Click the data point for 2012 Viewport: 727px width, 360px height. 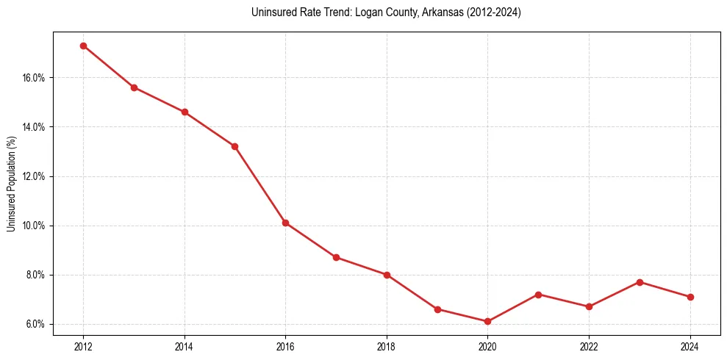83,46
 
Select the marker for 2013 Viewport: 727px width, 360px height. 134,87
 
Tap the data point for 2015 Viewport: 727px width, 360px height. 234,146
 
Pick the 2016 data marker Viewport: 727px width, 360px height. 285,223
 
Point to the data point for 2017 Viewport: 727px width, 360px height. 336,257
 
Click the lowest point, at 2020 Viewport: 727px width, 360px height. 487,321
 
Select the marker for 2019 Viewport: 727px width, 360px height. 437,309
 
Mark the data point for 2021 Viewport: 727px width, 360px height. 538,295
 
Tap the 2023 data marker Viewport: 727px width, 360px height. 640,282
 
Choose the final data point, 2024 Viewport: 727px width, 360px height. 690,297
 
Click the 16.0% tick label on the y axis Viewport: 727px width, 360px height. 33,78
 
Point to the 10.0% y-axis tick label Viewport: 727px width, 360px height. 33,226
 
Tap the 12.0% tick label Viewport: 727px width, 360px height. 33,176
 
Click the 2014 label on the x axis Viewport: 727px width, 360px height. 185,345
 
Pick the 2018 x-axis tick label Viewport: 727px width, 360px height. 387,345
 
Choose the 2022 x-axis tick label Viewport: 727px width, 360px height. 589,345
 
